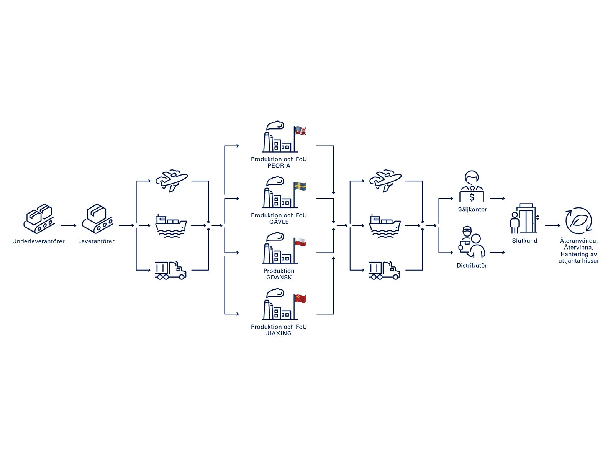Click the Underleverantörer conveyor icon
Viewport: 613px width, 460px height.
[39, 219]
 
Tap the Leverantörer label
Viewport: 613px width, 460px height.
[96, 242]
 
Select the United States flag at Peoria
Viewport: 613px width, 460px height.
[301, 131]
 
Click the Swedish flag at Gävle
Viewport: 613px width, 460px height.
[301, 187]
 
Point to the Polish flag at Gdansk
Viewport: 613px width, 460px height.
[301, 242]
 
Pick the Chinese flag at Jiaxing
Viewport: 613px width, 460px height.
[301, 299]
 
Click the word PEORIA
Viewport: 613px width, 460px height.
[279, 166]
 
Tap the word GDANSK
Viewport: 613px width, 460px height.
[279, 278]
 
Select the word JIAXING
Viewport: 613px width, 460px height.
[279, 333]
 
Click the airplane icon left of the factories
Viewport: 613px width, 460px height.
[171, 181]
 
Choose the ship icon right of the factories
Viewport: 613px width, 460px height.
[385, 226]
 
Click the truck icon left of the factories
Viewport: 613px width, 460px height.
[170, 270]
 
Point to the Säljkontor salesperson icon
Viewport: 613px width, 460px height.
[472, 186]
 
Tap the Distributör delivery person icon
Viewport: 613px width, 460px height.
[472, 242]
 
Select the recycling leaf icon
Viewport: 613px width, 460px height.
[579, 221]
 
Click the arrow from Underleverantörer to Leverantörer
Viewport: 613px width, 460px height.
[69, 226]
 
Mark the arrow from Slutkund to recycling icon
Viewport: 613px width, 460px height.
[552, 226]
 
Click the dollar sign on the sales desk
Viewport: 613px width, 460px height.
[472, 197]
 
